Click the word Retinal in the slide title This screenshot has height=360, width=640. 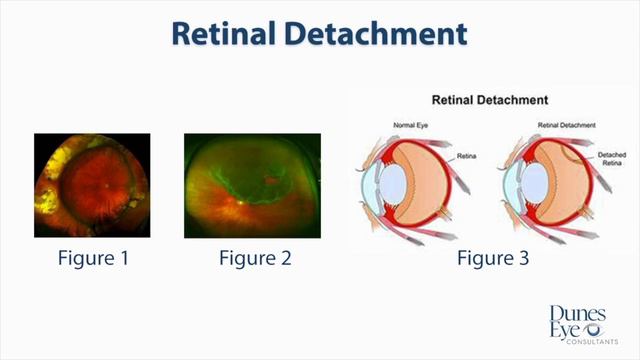(x=231, y=33)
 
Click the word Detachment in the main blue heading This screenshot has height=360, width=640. (x=384, y=33)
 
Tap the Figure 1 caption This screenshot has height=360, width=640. (x=93, y=260)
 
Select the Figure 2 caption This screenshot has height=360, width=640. (x=255, y=260)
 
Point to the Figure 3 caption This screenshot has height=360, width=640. (x=493, y=260)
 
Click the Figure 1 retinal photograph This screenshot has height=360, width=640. (x=93, y=185)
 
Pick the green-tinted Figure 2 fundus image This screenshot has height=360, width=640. (x=252, y=185)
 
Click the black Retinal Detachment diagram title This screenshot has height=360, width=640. (x=489, y=100)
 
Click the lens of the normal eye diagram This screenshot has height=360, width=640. (x=393, y=185)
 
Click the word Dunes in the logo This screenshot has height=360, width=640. (x=579, y=313)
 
